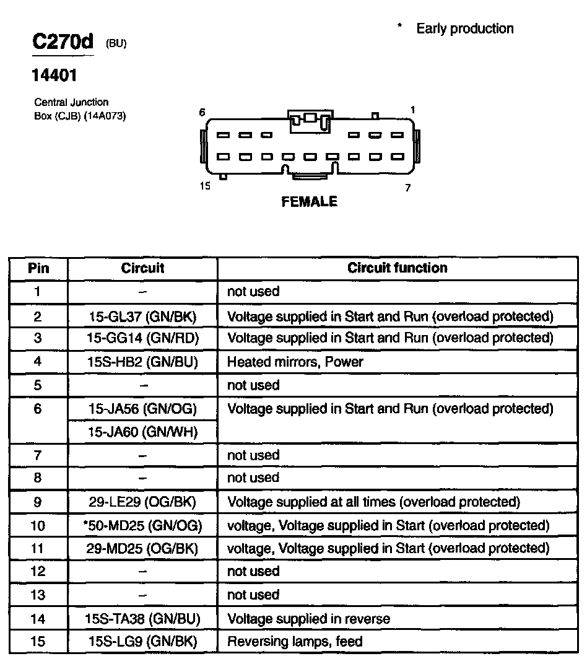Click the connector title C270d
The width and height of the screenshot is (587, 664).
63,42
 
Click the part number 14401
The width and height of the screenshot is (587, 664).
54,76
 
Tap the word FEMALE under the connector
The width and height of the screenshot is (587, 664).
309,202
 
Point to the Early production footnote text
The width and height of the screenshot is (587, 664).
464,28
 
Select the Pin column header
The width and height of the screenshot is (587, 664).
38,268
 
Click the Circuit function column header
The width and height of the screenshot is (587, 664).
397,268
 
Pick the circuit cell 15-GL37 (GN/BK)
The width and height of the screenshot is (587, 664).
142,317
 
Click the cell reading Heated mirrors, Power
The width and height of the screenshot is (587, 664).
295,362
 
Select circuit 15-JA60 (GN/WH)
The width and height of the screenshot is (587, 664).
142,432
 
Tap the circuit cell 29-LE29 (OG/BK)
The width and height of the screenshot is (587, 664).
142,502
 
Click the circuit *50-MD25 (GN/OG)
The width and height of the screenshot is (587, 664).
142,525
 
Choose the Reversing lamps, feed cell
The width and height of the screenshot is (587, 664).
295,642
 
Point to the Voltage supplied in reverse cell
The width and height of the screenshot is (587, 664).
308,618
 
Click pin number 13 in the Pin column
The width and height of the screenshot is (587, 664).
38,595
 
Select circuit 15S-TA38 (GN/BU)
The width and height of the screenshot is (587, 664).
142,618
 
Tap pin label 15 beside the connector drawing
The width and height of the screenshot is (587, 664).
205,186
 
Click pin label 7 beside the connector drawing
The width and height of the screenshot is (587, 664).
407,188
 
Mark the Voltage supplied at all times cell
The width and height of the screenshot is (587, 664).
373,502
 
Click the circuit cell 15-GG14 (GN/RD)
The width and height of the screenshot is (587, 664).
142,338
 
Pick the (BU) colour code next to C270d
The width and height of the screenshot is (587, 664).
116,43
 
